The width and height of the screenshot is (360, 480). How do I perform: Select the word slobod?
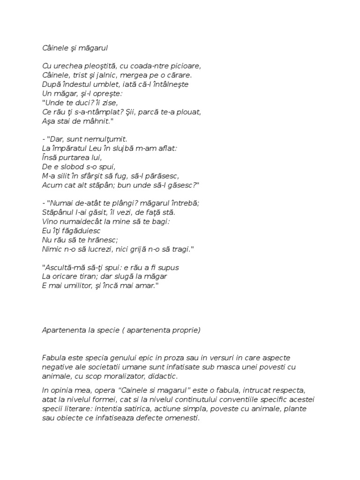click(72, 167)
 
